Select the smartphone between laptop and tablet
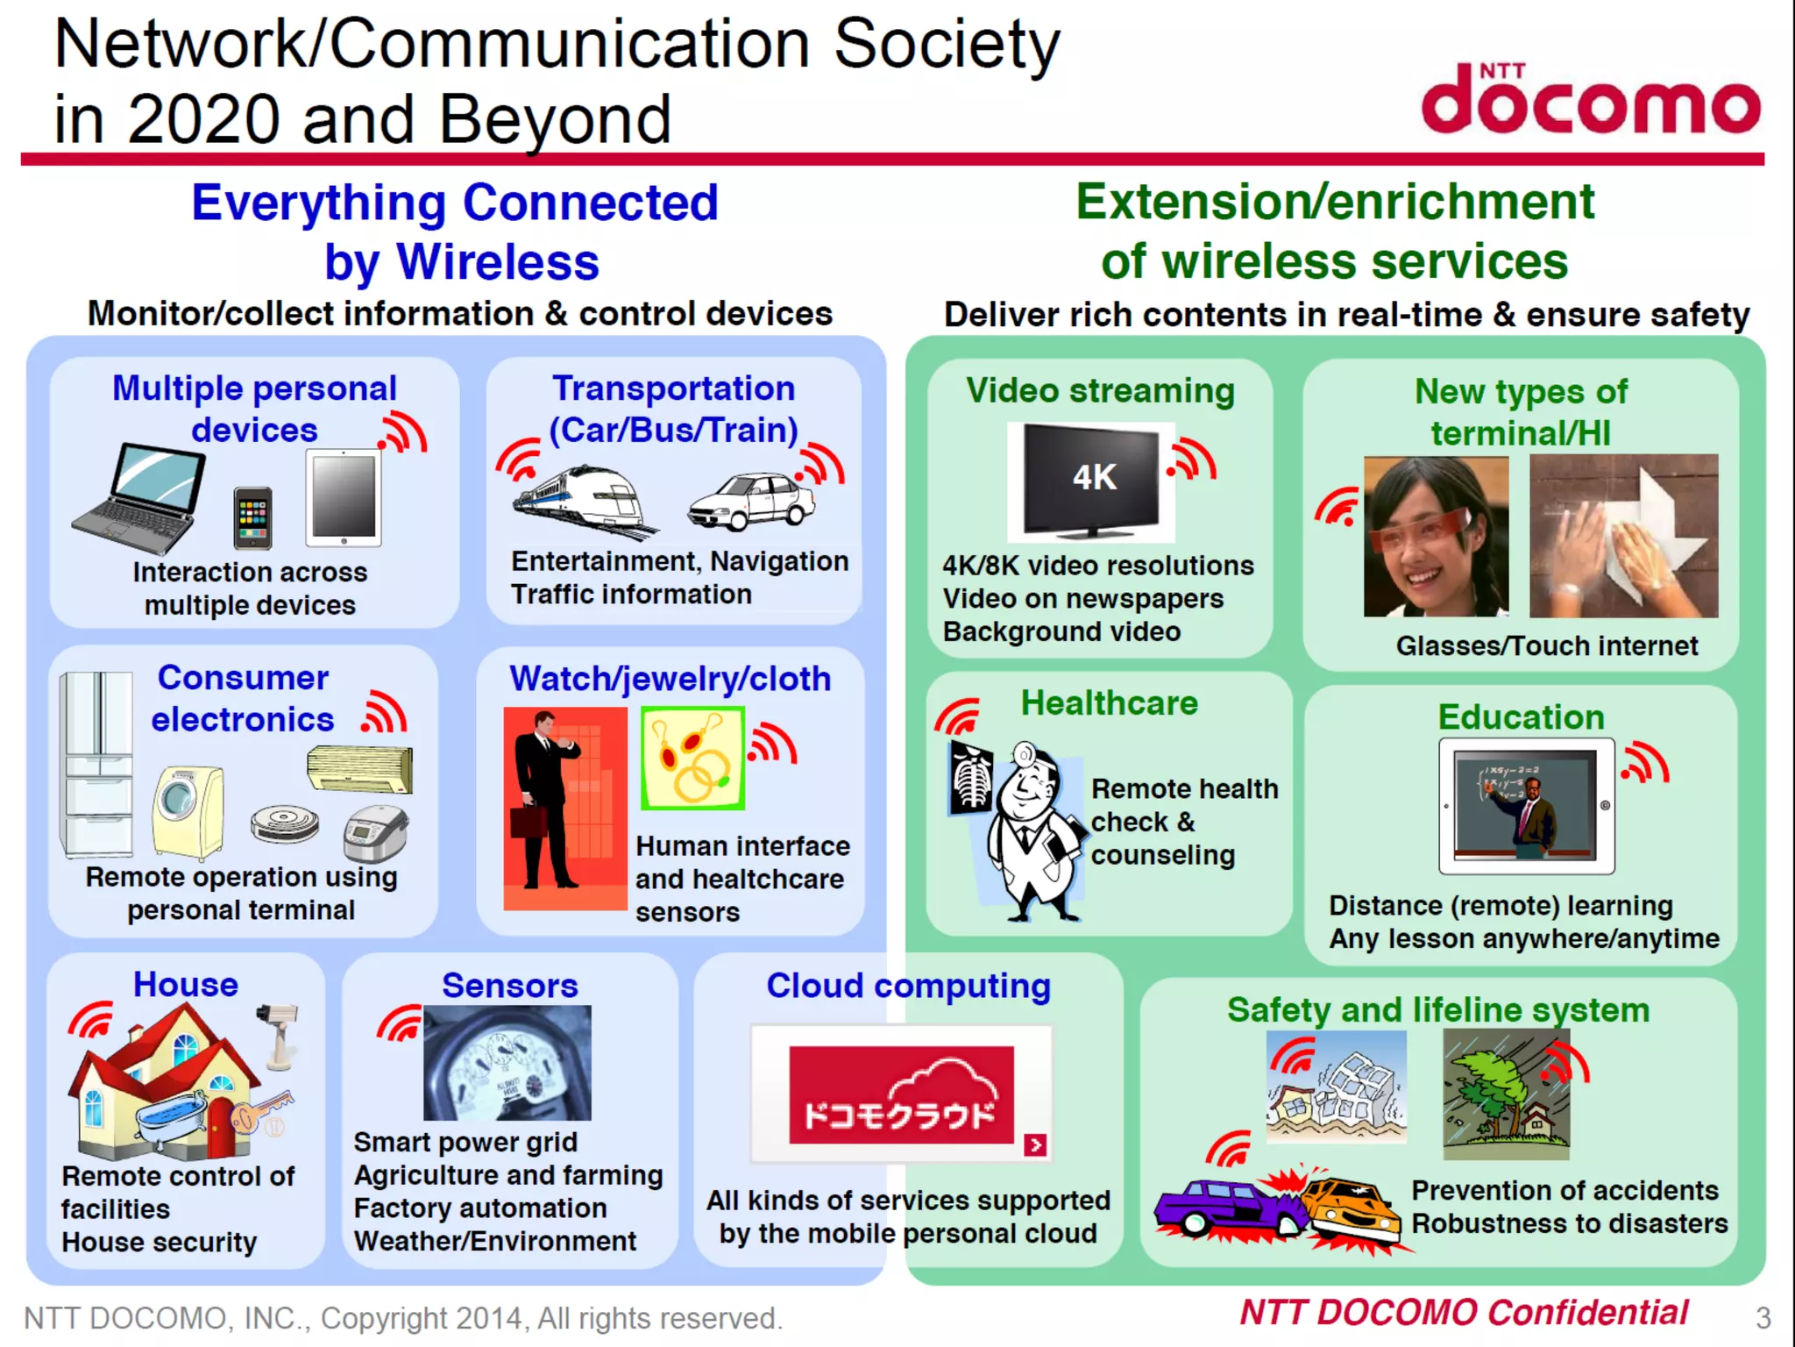[253, 517]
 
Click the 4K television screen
[1092, 479]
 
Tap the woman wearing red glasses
[1436, 537]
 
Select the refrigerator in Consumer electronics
[96, 763]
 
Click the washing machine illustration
[188, 811]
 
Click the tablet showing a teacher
[1526, 806]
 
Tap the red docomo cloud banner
[901, 1094]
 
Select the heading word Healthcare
[1109, 703]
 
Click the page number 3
[1763, 1317]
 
